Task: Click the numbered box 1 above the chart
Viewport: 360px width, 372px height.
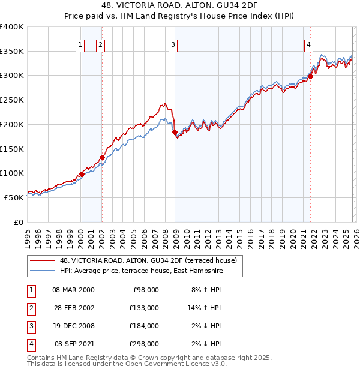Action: (x=80, y=44)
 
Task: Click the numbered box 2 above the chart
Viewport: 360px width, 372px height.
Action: (x=100, y=44)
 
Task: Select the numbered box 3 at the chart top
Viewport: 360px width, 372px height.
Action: (x=173, y=44)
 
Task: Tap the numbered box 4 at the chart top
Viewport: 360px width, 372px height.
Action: (x=308, y=44)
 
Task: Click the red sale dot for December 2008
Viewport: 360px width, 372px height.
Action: (x=175, y=132)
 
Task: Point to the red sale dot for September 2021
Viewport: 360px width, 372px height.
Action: (x=310, y=76)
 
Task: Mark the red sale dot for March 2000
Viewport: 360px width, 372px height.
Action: (x=82, y=174)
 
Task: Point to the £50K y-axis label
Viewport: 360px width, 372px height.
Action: (x=14, y=197)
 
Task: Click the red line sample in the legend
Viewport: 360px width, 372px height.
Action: (x=43, y=260)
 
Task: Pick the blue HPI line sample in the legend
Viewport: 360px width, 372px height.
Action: (x=43, y=271)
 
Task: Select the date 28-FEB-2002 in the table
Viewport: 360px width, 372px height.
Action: (x=73, y=308)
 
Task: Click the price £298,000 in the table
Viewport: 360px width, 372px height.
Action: (x=144, y=344)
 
